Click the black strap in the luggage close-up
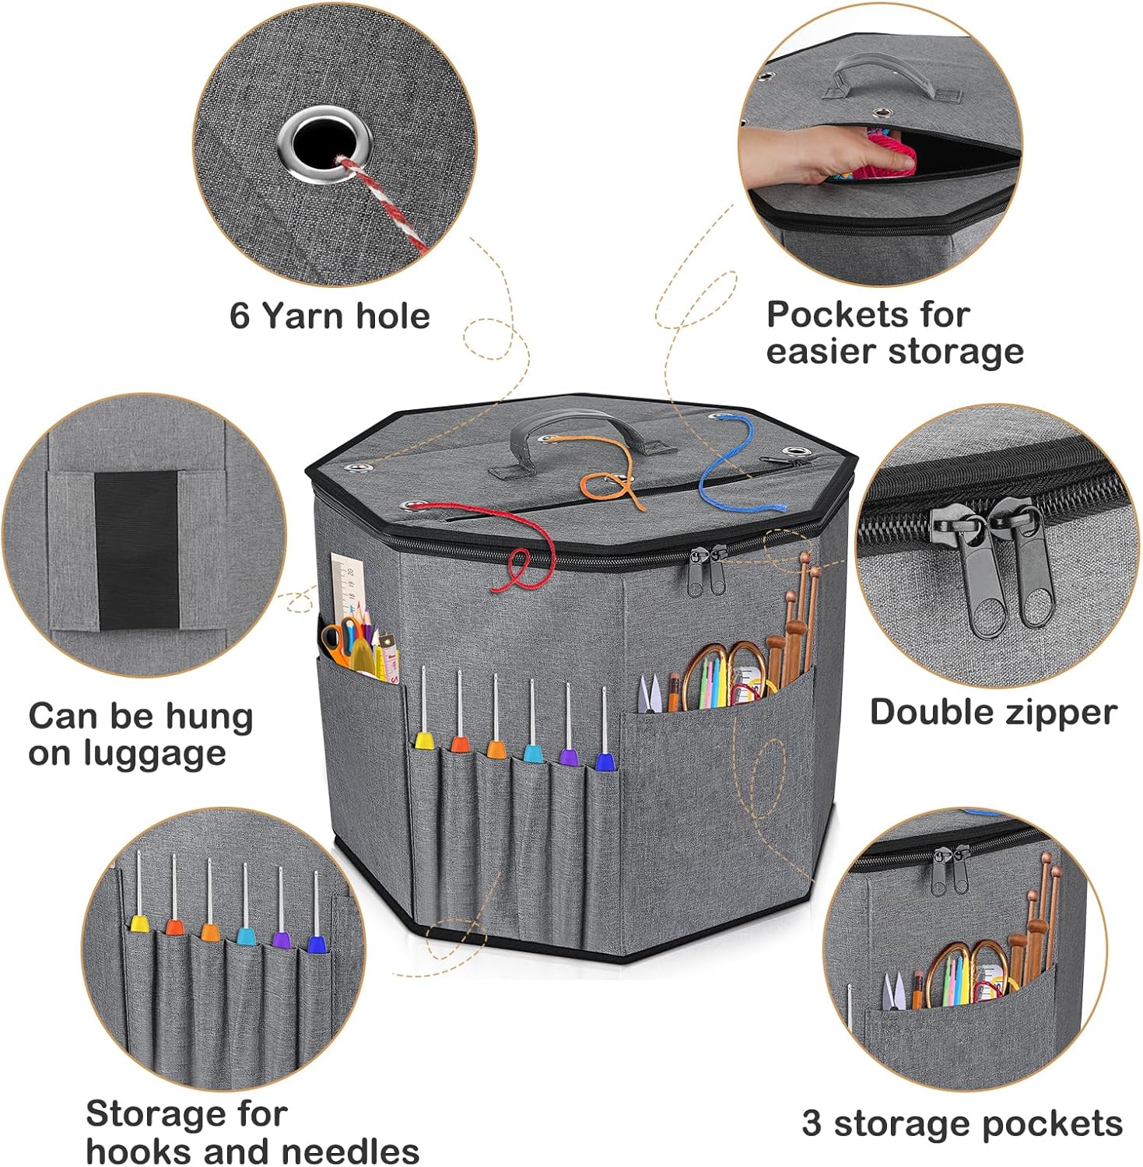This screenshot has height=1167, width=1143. pos(137,549)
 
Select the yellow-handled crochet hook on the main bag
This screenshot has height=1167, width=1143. pos(423,709)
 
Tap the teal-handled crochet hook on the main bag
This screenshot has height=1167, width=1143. pos(533,720)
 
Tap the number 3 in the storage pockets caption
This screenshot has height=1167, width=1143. pos(812,1123)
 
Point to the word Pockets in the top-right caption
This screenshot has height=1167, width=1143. pos(828,315)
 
